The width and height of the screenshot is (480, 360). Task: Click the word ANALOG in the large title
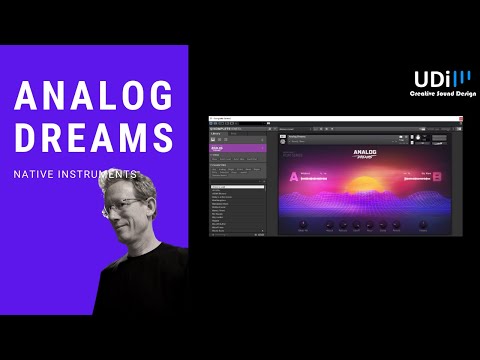pyautogui.click(x=92, y=98)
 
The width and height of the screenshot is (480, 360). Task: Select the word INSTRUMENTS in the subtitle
pyautogui.click(x=111, y=175)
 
